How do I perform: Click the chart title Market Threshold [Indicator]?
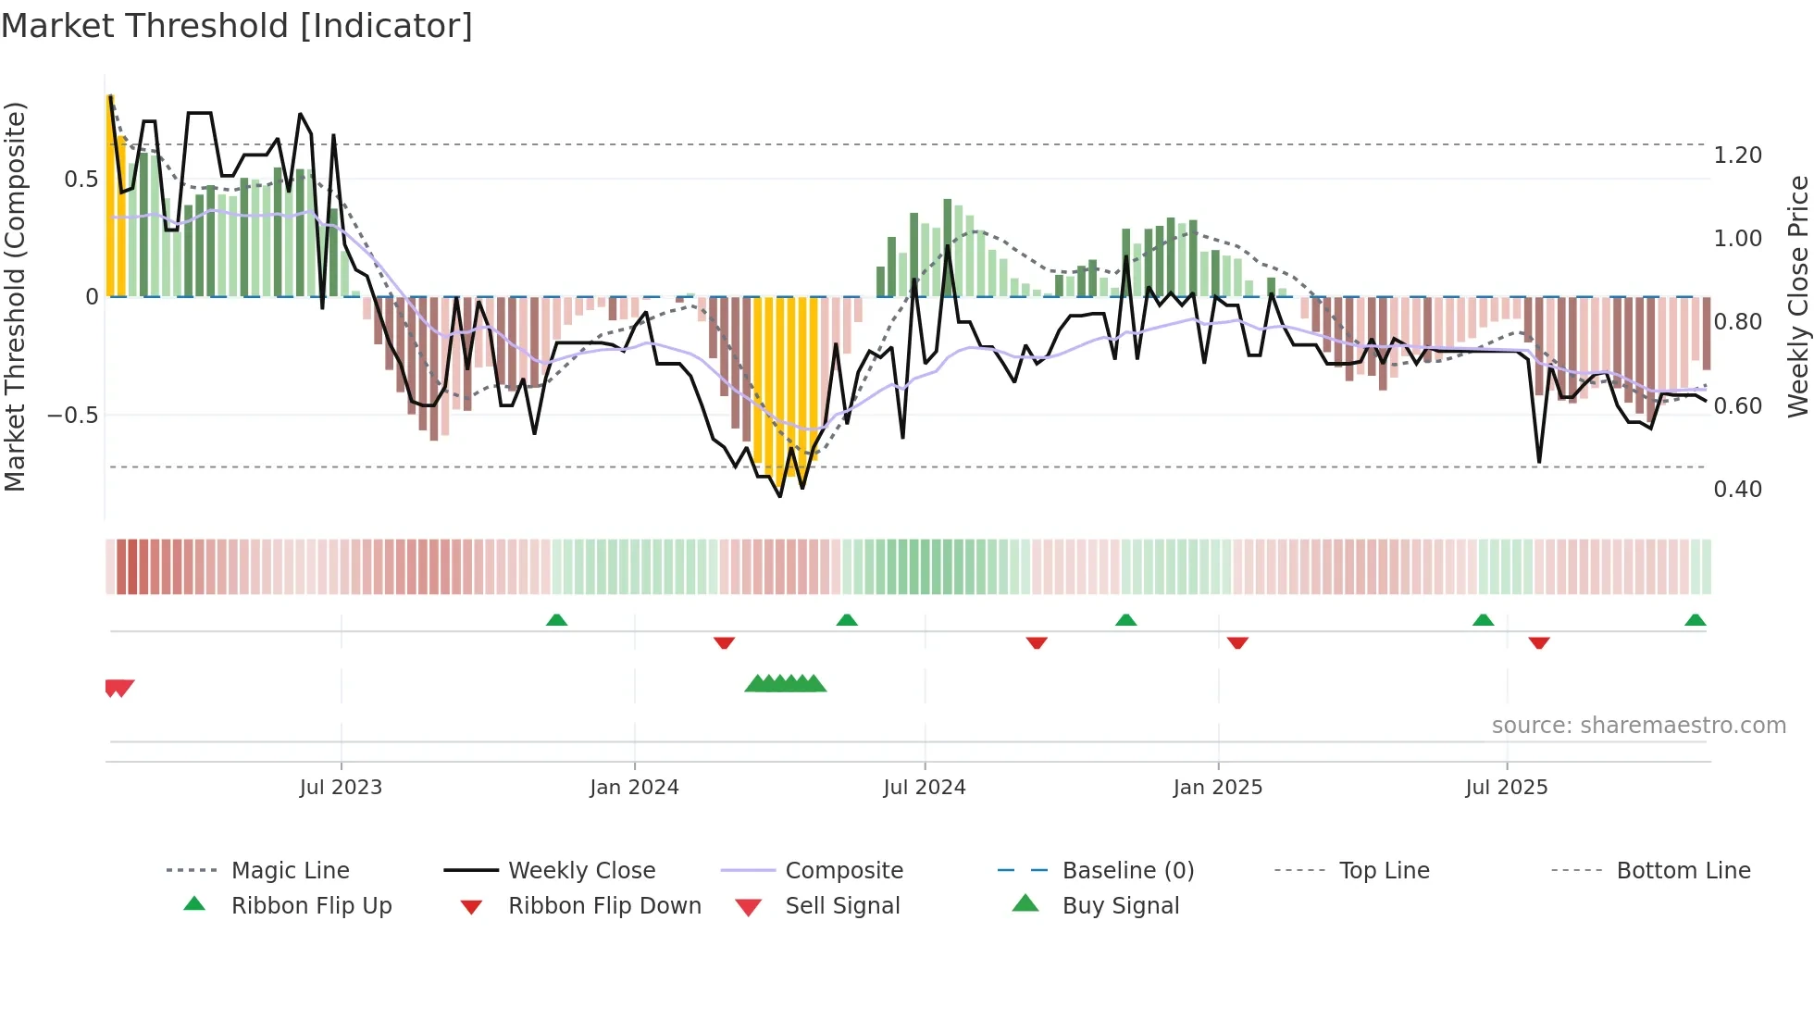237,26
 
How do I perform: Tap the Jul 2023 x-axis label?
341,788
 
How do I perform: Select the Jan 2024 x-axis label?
634,788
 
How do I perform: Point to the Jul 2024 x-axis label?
924,788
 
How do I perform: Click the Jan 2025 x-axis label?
1217,788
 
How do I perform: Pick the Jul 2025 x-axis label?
1506,788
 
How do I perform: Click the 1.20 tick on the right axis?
1737,155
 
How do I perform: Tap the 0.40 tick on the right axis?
1737,490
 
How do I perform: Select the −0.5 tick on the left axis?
72,416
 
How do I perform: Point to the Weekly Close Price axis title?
1797,296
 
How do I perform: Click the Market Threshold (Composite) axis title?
15,296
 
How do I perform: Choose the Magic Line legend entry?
290,871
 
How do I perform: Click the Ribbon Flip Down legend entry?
604,906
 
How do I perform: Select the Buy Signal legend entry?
1120,906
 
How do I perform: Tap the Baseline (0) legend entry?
1127,871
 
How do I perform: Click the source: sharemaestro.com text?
1638,726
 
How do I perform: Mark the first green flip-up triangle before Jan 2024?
556,620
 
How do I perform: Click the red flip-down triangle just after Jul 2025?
1539,642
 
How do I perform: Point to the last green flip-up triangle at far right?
1695,620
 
